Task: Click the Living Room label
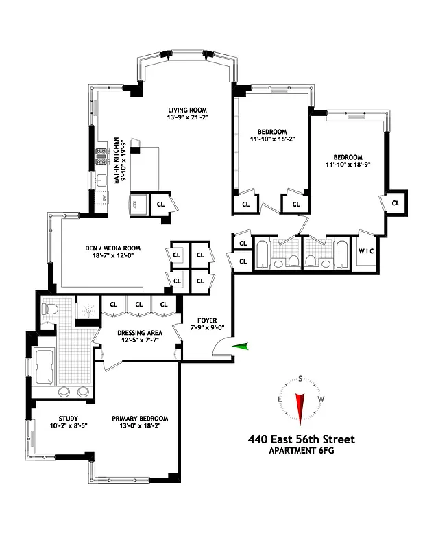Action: [188, 110]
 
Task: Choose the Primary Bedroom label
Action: [140, 419]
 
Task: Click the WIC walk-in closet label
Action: [366, 251]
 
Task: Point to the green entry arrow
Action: [240, 347]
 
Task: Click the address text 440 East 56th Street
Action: [302, 440]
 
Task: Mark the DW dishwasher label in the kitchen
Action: [104, 198]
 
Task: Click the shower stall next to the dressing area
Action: [87, 310]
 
